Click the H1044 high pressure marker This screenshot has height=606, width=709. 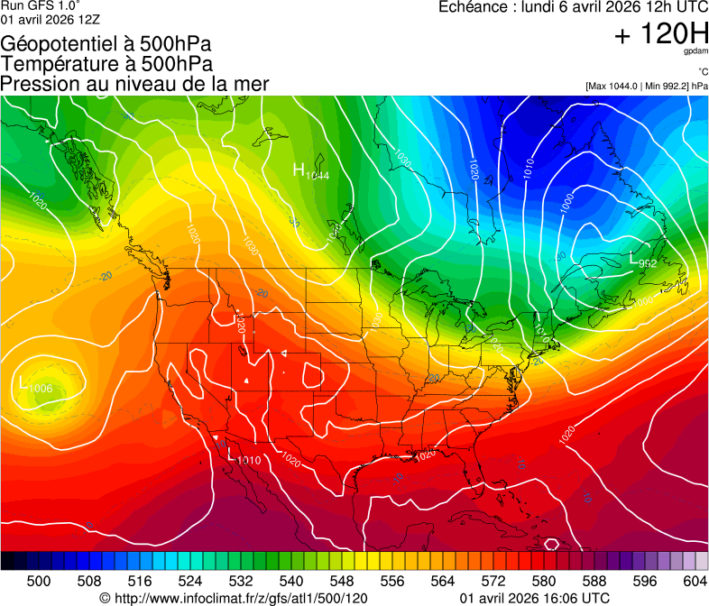coord(309,171)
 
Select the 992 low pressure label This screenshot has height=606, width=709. coord(641,262)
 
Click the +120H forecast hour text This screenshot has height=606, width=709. coord(661,34)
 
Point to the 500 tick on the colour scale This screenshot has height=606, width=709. coord(39,580)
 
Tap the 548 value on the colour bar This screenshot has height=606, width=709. coord(342,580)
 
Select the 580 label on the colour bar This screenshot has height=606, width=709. coord(544,580)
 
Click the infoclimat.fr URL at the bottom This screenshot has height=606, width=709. coord(234,598)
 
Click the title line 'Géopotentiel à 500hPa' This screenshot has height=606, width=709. coord(106,43)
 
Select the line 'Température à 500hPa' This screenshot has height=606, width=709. coord(106,63)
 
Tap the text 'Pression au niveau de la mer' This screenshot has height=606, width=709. coord(134,84)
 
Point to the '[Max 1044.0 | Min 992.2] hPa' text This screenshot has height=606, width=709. coord(646,86)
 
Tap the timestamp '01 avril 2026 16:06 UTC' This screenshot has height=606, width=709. coord(534,598)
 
